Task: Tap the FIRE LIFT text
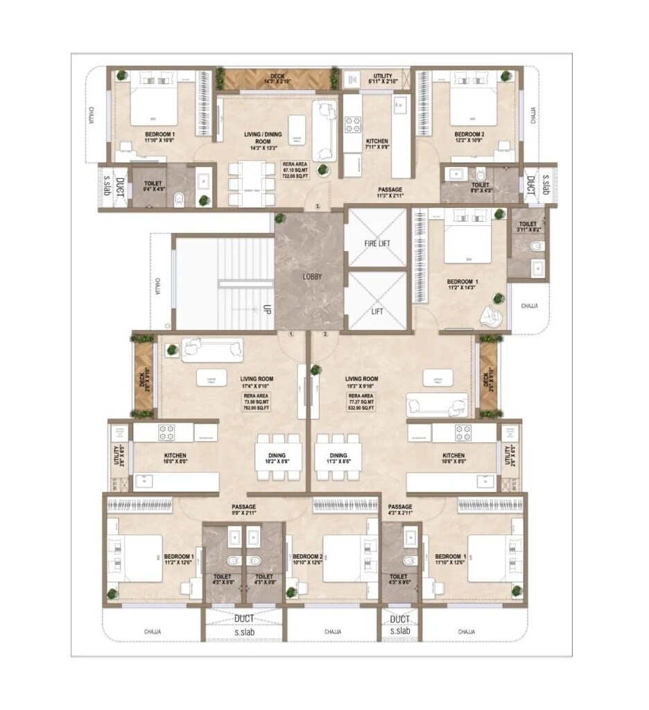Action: tap(377, 244)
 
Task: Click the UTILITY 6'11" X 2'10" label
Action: tap(381, 79)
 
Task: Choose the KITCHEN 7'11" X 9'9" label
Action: tap(377, 144)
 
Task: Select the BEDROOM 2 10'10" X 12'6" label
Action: tap(307, 560)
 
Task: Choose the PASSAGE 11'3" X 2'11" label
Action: tap(390, 193)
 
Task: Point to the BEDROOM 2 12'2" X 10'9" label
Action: tap(469, 137)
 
